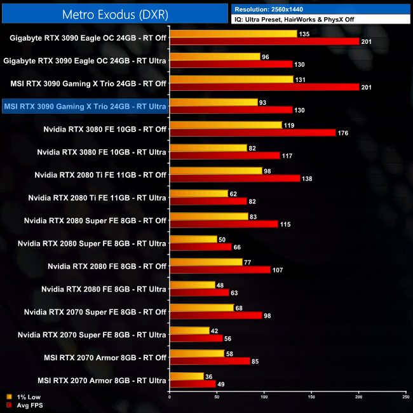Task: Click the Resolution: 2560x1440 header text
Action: click(x=271, y=9)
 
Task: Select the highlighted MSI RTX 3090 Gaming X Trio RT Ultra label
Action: click(x=85, y=106)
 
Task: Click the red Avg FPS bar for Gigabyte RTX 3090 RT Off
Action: click(x=264, y=41)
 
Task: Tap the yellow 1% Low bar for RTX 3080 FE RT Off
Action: click(x=226, y=125)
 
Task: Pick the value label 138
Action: click(x=308, y=179)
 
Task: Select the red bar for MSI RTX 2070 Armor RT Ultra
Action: click(x=193, y=384)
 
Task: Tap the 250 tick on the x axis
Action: click(x=405, y=397)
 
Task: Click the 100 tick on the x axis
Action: click(x=264, y=397)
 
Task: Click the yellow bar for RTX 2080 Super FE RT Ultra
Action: click(x=193, y=240)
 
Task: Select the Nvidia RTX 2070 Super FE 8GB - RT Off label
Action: click(x=95, y=312)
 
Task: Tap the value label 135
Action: click(x=306, y=34)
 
